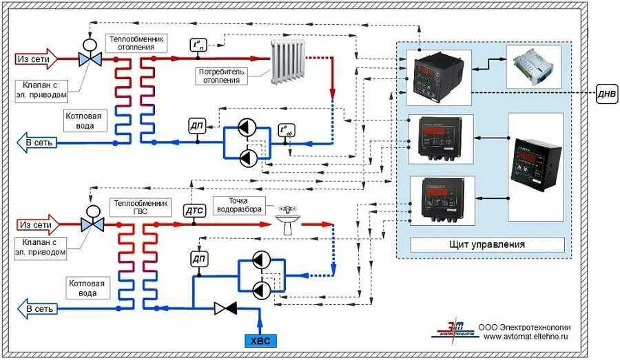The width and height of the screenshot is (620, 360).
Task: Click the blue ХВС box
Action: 260,339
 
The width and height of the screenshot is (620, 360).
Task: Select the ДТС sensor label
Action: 194,210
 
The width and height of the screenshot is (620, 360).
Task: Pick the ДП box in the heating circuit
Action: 197,125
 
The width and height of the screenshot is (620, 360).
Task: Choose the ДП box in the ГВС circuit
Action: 198,259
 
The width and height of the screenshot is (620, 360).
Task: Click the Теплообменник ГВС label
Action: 138,207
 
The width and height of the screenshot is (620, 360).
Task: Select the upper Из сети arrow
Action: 37,59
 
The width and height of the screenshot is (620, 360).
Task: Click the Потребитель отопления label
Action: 220,76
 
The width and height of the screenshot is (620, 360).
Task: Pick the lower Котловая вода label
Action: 87,288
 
